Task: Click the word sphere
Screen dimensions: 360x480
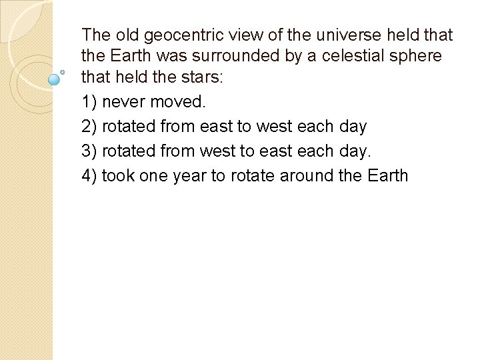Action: (x=417, y=56)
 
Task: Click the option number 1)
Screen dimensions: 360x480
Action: (x=89, y=102)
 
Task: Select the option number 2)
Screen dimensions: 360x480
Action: (x=89, y=126)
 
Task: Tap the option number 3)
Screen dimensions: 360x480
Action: (x=89, y=151)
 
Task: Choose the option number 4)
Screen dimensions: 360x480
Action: (x=89, y=175)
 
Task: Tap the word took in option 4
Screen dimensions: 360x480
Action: (x=118, y=175)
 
